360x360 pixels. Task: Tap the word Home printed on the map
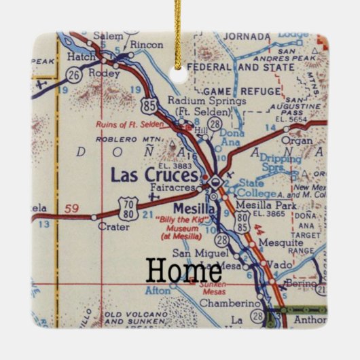click(x=183, y=270)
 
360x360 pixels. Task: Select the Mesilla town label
click(x=194, y=209)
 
